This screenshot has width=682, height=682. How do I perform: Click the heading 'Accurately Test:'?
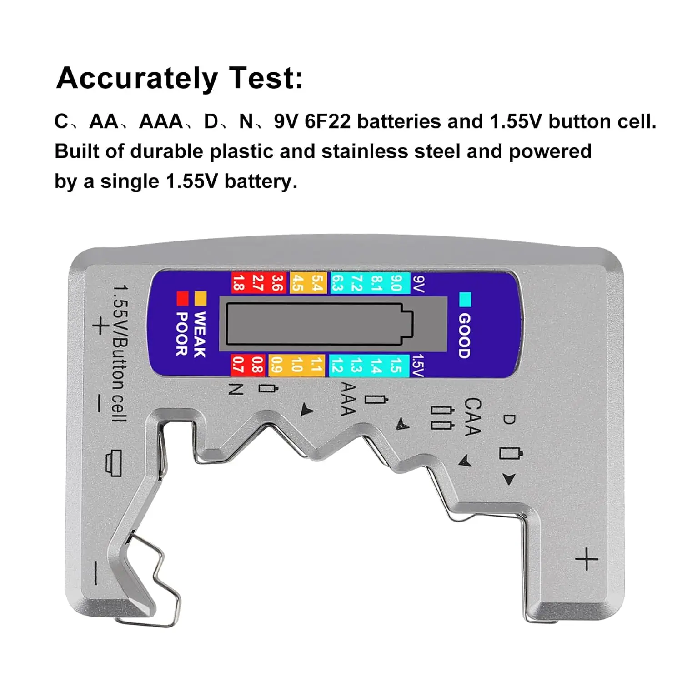(180, 78)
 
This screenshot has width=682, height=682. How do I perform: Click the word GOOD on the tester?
(464, 336)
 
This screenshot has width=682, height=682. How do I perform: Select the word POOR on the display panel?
(182, 334)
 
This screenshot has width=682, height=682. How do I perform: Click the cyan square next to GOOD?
(465, 300)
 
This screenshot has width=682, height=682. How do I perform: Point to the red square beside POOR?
(182, 298)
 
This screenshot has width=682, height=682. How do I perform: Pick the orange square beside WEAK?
(201, 298)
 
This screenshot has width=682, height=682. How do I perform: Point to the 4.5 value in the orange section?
(297, 283)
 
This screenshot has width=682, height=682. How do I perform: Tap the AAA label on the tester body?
(348, 399)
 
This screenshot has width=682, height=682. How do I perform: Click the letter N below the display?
(236, 389)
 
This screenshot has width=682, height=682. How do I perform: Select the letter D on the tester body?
(509, 419)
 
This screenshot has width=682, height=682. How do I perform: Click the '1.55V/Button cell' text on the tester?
(120, 353)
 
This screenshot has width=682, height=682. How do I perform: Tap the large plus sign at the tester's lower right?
(587, 559)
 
